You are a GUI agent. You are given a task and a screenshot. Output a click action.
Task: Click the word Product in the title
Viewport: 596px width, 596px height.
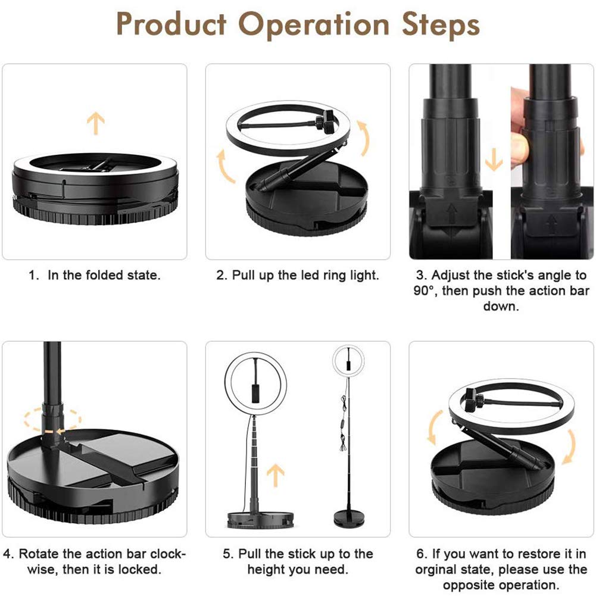pos(171,24)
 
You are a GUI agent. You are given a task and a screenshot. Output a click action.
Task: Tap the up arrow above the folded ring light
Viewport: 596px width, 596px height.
pos(95,123)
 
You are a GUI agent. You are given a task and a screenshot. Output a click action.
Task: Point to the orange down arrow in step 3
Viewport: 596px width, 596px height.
pos(494,159)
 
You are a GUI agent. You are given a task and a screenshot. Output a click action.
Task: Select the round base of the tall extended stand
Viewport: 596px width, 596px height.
pos(349,519)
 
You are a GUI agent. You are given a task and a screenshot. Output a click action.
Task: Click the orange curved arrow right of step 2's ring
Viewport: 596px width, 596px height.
pos(364,138)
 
